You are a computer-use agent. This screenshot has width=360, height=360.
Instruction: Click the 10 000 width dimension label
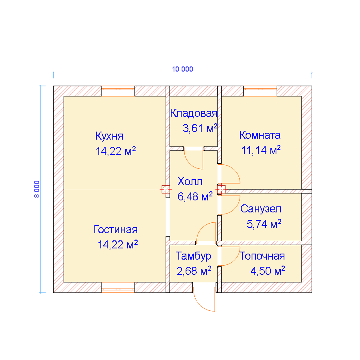182,69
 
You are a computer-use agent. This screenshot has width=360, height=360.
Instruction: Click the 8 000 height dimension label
37,189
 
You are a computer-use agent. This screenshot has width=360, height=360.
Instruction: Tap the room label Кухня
109,136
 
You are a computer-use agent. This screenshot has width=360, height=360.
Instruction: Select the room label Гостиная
116,230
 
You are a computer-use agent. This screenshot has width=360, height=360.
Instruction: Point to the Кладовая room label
194,113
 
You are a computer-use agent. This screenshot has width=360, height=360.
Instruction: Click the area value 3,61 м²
200,128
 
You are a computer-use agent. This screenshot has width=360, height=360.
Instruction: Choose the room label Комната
260,135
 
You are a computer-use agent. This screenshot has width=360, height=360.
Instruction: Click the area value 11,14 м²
261,150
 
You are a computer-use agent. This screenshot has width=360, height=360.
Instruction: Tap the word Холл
190,182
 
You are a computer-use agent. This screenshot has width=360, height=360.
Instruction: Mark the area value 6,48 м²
195,196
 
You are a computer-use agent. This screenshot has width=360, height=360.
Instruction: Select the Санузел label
261,209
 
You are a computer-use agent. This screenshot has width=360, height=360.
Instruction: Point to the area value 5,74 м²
264,224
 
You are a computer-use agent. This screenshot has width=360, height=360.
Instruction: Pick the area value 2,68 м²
194,271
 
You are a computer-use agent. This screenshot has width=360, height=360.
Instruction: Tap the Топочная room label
262,256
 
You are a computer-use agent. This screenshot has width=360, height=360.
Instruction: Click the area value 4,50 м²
268,271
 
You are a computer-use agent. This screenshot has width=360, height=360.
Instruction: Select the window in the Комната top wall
260,91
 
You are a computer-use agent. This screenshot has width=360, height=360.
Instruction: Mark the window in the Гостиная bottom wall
118,288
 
